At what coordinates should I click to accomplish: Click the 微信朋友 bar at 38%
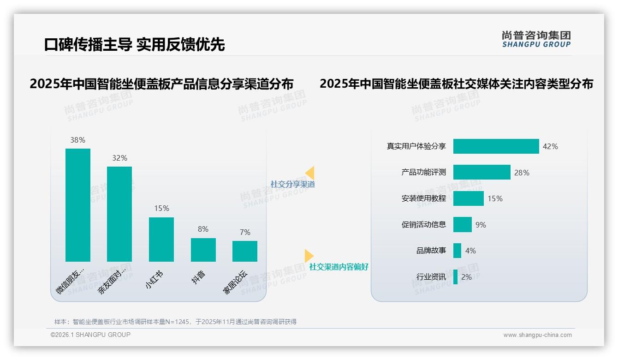click(78, 205)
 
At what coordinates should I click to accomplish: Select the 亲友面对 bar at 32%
click(119, 214)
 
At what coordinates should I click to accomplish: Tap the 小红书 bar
click(161, 239)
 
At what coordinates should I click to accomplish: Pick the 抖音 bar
click(203, 250)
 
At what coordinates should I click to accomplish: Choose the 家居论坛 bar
click(245, 251)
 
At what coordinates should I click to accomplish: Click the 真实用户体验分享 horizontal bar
click(496, 146)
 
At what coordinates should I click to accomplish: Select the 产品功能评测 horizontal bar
click(481, 172)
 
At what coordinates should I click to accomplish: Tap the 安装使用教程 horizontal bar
click(468, 198)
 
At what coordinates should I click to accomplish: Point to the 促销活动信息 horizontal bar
click(462, 225)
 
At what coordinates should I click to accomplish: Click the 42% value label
click(550, 146)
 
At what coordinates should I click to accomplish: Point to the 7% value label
click(245, 232)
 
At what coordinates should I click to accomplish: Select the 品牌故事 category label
click(431, 251)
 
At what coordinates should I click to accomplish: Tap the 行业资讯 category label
click(431, 277)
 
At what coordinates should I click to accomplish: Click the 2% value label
click(466, 277)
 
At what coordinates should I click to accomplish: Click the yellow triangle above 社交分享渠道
click(310, 173)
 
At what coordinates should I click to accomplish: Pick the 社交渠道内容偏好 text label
click(339, 267)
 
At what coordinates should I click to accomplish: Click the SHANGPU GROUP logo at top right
click(536, 39)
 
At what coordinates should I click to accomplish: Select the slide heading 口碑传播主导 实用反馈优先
click(134, 44)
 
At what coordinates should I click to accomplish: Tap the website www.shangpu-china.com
click(537, 335)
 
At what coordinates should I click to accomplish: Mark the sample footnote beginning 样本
click(175, 322)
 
